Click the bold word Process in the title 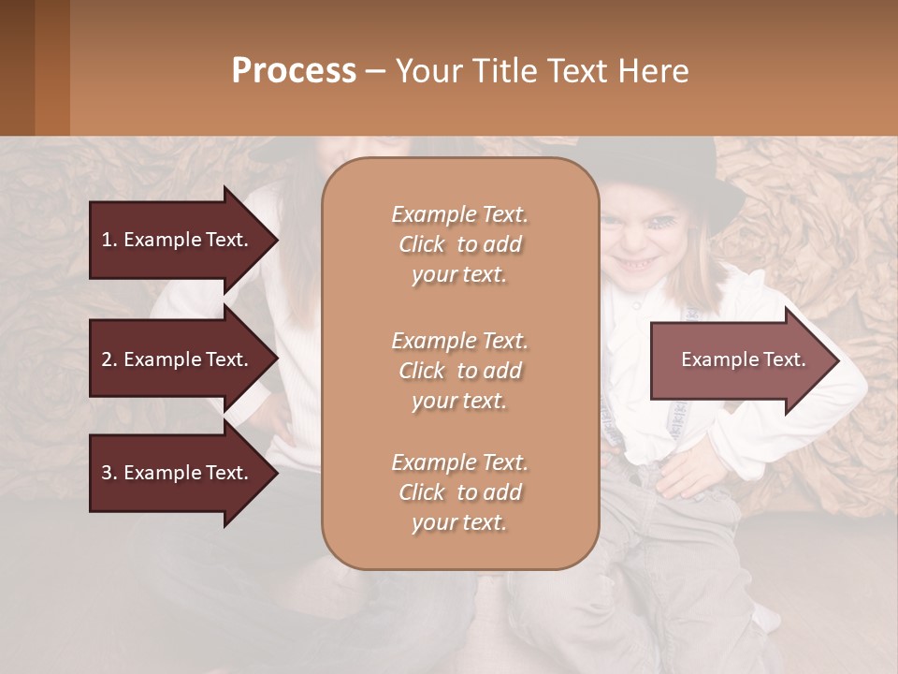click(x=294, y=71)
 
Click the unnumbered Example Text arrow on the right click(x=743, y=360)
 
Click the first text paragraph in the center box click(x=459, y=244)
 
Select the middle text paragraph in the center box click(x=459, y=371)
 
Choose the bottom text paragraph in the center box click(x=459, y=492)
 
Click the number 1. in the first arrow click(x=109, y=240)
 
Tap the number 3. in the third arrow click(x=109, y=473)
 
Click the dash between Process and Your click(x=375, y=71)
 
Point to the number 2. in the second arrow click(x=109, y=359)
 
